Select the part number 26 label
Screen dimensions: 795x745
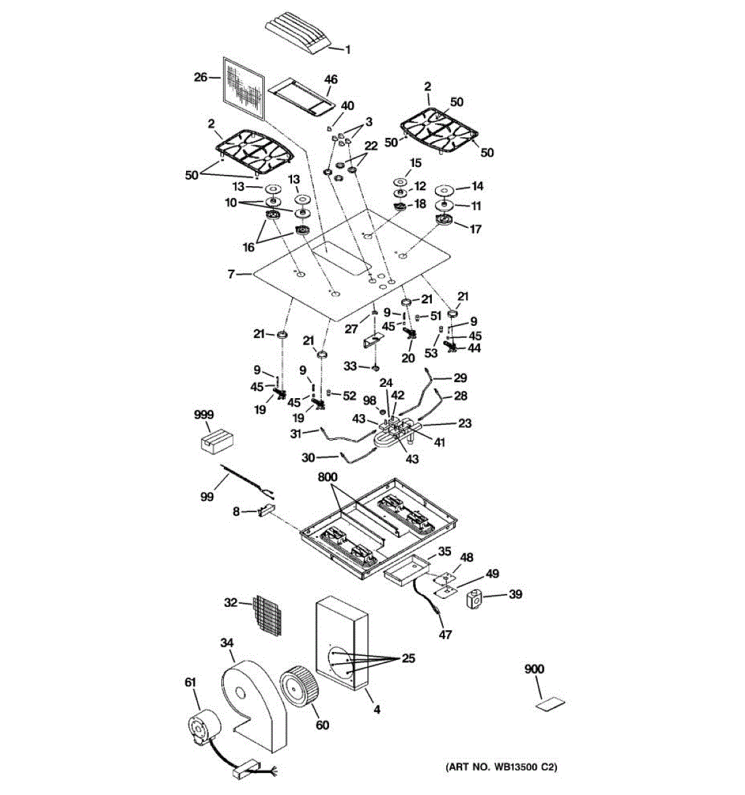201,78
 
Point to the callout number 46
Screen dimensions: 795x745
330,79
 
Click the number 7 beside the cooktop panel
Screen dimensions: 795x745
231,273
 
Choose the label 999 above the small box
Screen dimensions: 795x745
204,415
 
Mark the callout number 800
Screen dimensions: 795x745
328,477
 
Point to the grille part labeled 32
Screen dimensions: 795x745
271,614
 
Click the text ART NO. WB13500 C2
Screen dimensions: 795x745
500,767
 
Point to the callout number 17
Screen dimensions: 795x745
475,229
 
